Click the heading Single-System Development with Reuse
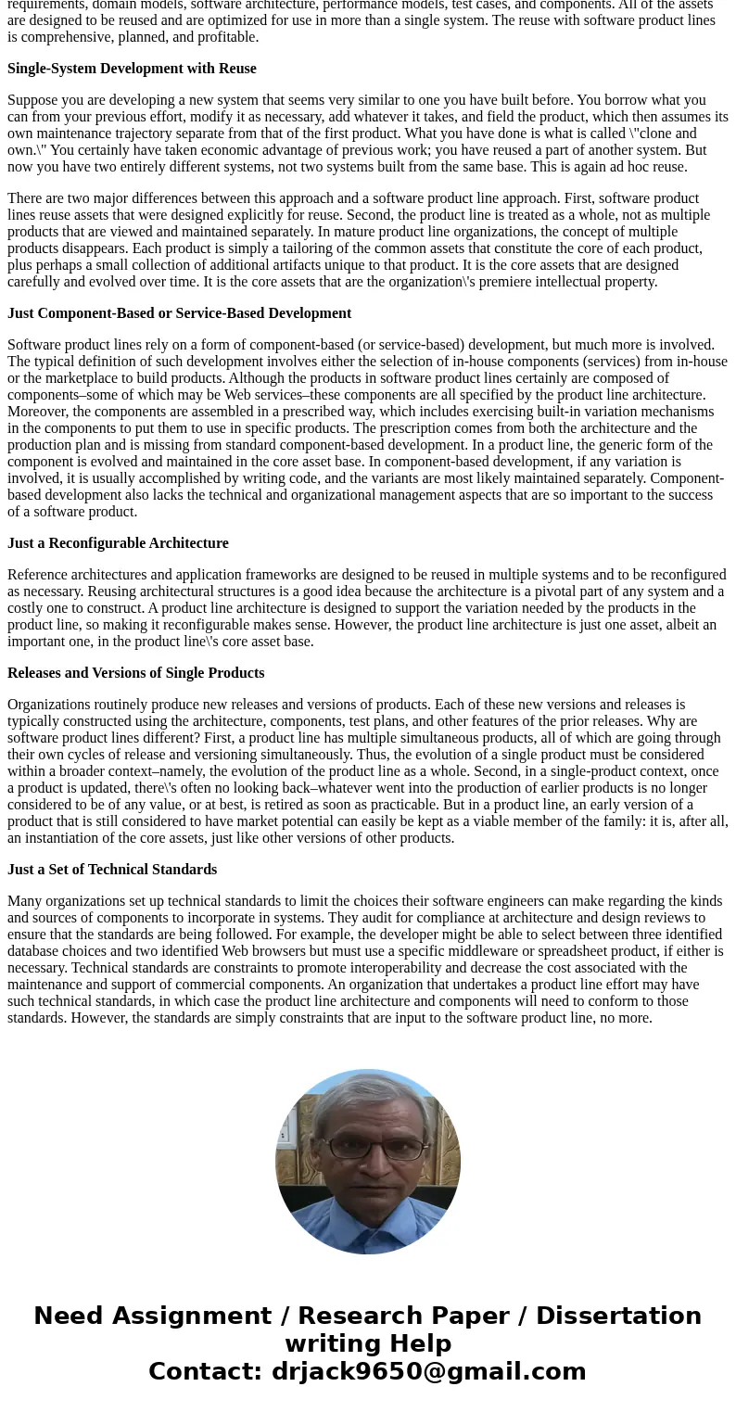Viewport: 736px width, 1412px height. click(132, 69)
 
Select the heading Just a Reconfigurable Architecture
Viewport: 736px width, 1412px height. click(118, 543)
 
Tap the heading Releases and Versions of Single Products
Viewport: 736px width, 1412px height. click(135, 673)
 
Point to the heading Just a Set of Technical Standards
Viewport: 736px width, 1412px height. click(112, 870)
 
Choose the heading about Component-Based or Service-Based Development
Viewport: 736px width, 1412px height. click(179, 313)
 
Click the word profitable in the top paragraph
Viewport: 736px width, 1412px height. click(227, 37)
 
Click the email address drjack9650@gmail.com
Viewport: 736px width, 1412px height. click(428, 1372)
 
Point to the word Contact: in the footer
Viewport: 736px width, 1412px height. click(206, 1372)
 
